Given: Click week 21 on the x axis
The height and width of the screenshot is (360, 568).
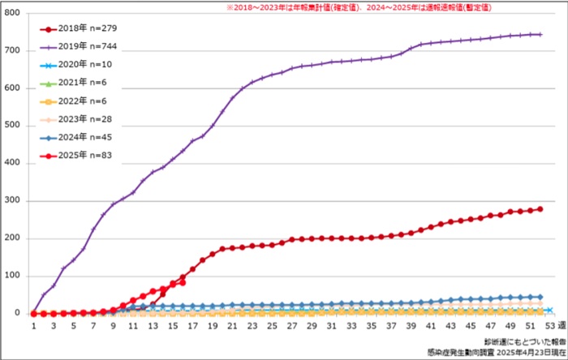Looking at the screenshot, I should [x=232, y=326].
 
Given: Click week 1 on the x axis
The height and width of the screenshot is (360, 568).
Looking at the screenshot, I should [x=34, y=326].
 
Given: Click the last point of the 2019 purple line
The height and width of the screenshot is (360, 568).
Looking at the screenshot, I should [x=540, y=34].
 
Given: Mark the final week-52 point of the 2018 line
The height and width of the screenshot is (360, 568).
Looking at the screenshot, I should [x=540, y=209].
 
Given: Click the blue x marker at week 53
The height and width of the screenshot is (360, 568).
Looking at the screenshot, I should [x=550, y=310].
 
